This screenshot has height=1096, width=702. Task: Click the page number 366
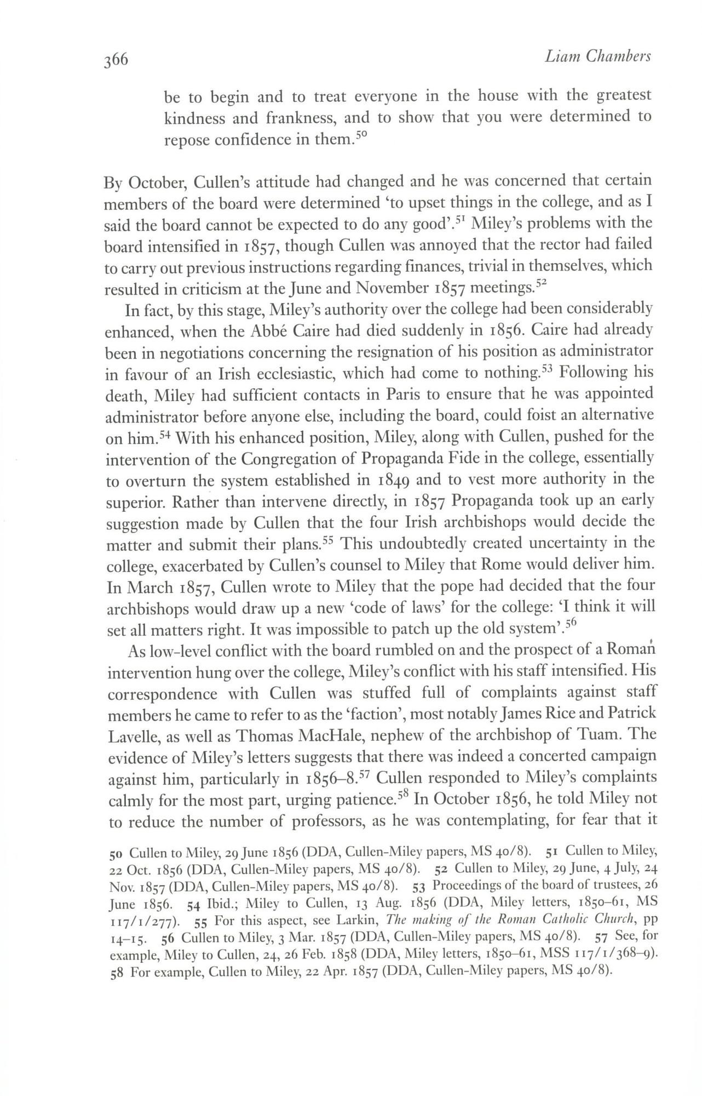pos(116,59)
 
